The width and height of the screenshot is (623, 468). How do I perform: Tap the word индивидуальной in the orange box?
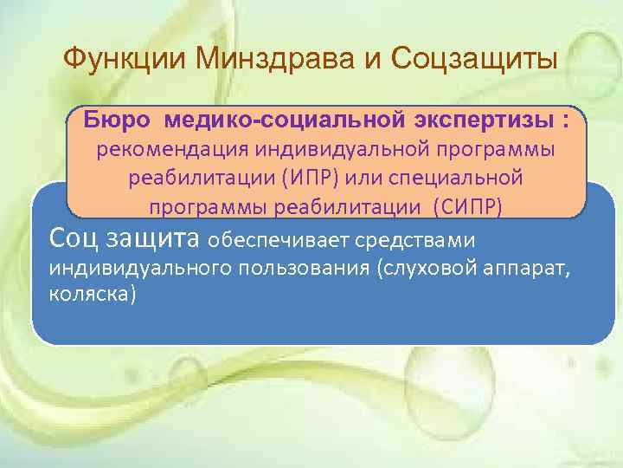(334, 150)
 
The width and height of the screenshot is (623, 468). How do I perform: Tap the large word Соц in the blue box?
(76, 237)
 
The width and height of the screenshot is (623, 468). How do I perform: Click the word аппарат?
(527, 267)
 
